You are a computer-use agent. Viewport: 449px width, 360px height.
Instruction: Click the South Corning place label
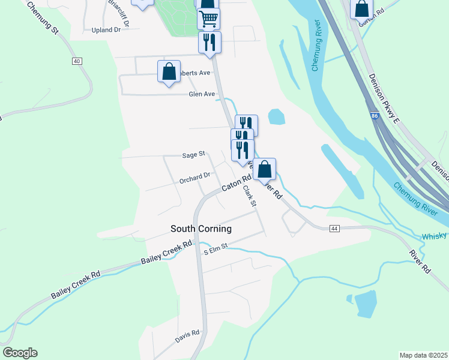pos(200,229)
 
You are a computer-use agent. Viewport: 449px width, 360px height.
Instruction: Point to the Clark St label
pos(249,197)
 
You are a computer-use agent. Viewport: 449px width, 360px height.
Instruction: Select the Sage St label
pos(193,155)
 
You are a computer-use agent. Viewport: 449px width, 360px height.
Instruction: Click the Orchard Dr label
pos(194,176)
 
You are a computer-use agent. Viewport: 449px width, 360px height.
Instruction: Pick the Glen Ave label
pos(202,94)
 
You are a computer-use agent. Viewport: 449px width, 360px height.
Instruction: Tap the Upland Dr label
pos(107,29)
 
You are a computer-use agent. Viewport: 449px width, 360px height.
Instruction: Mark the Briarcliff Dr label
pos(119,9)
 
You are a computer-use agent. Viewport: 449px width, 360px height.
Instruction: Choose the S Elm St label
pos(216,248)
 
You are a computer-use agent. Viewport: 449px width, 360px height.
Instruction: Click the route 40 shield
pos(76,61)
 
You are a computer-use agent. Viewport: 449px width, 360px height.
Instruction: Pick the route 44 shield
pos(334,228)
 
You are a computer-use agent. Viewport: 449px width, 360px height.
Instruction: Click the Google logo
pos(20,353)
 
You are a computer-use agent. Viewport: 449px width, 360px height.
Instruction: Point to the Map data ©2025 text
pos(423,355)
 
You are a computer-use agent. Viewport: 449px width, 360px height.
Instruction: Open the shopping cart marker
pos(208,19)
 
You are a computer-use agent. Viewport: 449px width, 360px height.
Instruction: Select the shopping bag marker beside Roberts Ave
pos(169,71)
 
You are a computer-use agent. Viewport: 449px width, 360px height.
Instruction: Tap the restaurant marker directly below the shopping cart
pos(209,42)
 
